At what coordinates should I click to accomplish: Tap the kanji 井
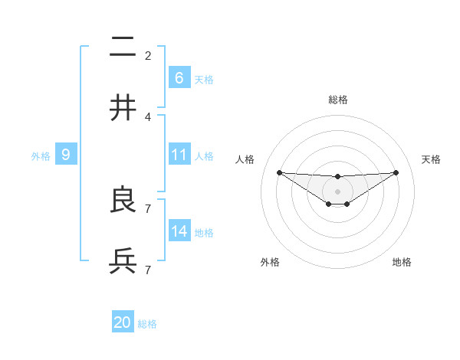123,108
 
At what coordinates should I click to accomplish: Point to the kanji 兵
123,261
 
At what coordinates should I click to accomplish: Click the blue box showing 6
179,77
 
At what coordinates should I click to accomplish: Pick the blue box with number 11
179,155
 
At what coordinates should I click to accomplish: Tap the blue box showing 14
179,231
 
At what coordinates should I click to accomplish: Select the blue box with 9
66,155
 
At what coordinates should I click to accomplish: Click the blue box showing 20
123,322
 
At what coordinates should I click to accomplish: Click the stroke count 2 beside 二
148,55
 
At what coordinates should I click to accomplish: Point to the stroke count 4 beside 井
148,116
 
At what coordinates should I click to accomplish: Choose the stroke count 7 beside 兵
148,270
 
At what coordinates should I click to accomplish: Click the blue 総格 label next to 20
147,324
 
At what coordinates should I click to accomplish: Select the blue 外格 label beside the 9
41,155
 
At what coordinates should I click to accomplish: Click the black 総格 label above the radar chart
338,100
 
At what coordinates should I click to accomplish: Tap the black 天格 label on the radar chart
431,159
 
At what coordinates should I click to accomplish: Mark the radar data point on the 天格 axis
396,172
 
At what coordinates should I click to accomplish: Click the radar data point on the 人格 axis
279,172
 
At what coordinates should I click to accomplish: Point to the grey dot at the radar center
337,191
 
